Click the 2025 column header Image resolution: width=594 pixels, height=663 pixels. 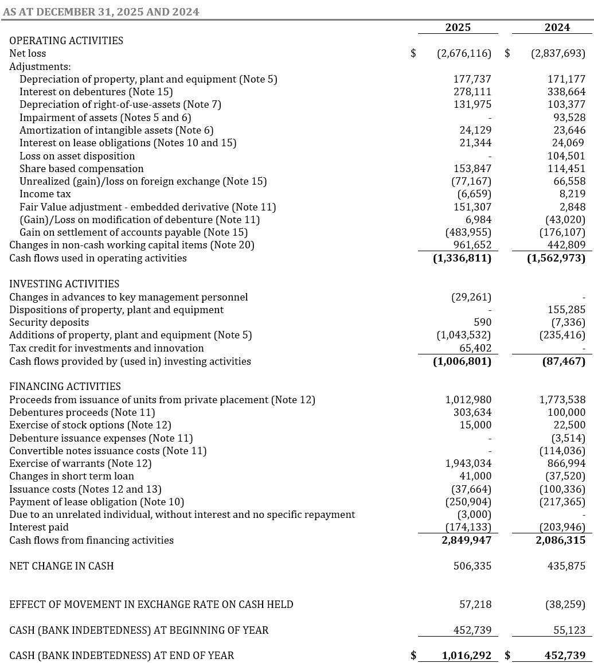click(458, 28)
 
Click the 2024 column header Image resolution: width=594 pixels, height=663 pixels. click(557, 28)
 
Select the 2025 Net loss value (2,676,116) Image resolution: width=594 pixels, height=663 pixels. click(464, 53)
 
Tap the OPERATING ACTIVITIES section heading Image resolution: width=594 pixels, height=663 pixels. click(66, 41)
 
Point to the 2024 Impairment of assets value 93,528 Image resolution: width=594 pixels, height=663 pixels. click(566, 118)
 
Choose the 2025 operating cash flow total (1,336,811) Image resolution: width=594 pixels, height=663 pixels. click(462, 258)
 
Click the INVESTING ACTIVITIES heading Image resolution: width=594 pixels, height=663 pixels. click(64, 284)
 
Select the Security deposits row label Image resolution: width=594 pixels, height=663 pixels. click(49, 322)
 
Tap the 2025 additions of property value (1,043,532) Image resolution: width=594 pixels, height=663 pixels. click(464, 335)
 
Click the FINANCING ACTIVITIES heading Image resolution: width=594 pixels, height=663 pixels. click(65, 387)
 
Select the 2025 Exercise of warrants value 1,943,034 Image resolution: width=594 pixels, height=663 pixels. click(468, 463)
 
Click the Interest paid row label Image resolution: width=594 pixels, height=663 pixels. click(39, 527)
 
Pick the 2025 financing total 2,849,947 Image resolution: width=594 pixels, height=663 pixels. click(466, 540)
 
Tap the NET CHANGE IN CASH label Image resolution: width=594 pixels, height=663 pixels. click(61, 566)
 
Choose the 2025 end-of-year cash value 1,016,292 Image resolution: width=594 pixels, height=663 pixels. click(466, 656)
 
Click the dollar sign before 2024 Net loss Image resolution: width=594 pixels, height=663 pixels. click(507, 53)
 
